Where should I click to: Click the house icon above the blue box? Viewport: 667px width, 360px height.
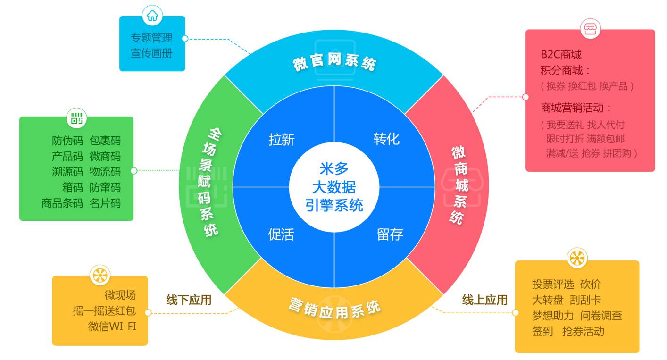152,16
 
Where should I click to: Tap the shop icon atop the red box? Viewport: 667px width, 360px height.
590,29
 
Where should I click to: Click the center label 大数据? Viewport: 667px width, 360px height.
334,187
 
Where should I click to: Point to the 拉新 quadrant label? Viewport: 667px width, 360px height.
282,140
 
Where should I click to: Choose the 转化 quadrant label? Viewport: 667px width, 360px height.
386,139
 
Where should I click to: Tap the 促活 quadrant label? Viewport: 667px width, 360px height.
281,234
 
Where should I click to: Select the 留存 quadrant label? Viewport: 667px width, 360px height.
390,234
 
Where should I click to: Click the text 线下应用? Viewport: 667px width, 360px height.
189,300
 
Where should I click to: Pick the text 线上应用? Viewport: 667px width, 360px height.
484,300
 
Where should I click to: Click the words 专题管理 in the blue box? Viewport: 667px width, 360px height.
151,38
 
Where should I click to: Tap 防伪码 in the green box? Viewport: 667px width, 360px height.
67,141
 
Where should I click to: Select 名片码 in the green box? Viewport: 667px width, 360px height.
105,203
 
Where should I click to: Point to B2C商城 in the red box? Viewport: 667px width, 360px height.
561,55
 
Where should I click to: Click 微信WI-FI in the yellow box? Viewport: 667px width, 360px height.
112,326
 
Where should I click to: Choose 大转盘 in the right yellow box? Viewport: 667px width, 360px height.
548,300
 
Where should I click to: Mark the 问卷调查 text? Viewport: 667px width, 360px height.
601,316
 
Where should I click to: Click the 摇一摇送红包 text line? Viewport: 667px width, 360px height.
104,311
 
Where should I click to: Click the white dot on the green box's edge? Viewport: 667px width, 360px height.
133,170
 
